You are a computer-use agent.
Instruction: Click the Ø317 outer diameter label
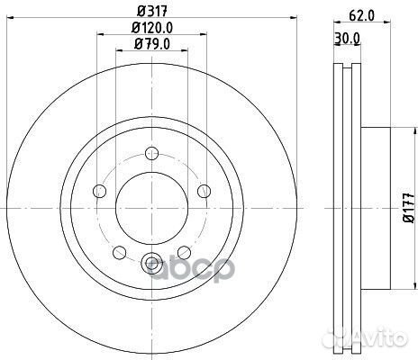pyautogui.click(x=152, y=12)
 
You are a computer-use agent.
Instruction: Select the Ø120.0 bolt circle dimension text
pyautogui.click(x=152, y=28)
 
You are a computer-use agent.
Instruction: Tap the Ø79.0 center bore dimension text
pyautogui.click(x=152, y=44)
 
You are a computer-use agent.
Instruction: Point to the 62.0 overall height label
pyautogui.click(x=361, y=15)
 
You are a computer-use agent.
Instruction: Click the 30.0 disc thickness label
pyautogui.click(x=347, y=38)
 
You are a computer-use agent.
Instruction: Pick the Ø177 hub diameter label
pyautogui.click(x=409, y=208)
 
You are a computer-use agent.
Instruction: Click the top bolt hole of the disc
pyautogui.click(x=151, y=154)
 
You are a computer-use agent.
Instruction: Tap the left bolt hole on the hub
pyautogui.click(x=100, y=191)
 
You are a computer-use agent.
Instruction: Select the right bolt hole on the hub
pyautogui.click(x=204, y=191)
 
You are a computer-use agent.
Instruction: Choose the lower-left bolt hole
pyautogui.click(x=119, y=252)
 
